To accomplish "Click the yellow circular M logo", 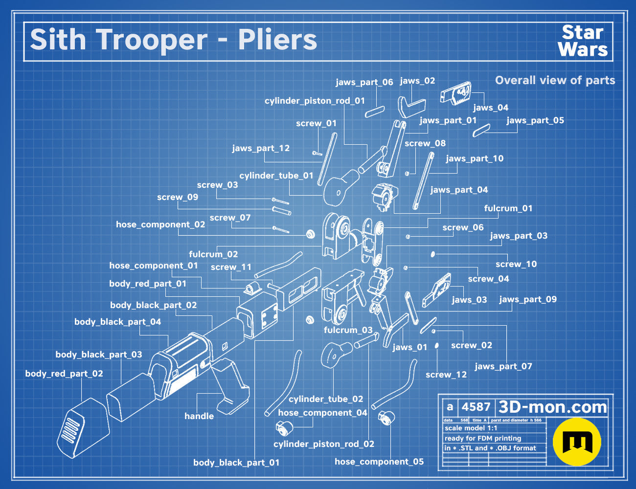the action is [577, 442].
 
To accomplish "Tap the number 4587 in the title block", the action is [476, 407].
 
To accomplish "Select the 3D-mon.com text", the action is [552, 407].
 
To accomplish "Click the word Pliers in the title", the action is [277, 40].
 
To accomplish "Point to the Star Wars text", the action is [583, 41].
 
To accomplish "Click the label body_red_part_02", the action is [64, 374].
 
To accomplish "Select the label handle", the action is [199, 416].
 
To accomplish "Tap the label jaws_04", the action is [491, 108].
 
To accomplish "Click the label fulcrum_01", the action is [508, 208].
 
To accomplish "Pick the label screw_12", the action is [446, 375].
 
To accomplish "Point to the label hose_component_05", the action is [379, 462].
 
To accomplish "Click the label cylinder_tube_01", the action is [276, 176].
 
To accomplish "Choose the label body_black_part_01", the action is [236, 463].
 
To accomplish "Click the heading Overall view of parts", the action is [555, 80].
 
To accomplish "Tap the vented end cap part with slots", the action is [83, 428].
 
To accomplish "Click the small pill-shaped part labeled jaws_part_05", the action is [481, 131].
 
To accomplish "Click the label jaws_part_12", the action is [261, 148].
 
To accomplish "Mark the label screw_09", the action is [178, 197].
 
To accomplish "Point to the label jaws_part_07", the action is [503, 366].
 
